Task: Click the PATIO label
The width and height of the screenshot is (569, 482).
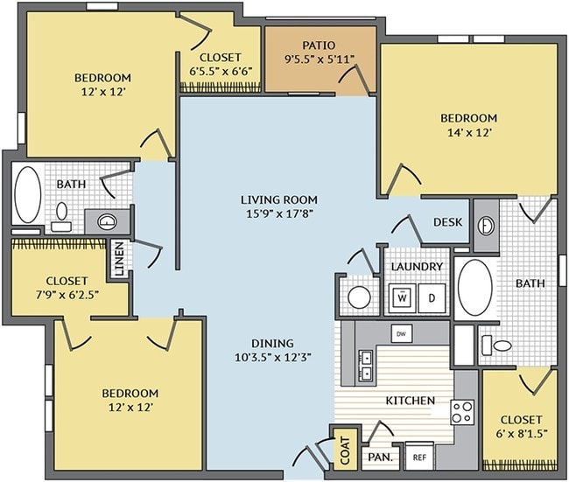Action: (x=319, y=45)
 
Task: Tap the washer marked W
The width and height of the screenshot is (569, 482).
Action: (x=402, y=298)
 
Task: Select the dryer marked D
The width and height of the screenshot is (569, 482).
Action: (x=432, y=298)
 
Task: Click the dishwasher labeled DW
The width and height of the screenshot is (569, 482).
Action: (x=401, y=334)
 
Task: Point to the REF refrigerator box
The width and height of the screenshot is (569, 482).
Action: (x=419, y=457)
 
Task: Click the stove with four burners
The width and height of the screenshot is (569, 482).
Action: (x=463, y=412)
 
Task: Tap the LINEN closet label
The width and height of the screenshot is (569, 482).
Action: (x=119, y=259)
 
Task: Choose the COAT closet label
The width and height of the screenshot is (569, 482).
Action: (x=345, y=451)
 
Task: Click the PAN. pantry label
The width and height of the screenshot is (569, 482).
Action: (x=380, y=457)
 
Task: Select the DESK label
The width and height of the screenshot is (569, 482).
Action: (x=448, y=222)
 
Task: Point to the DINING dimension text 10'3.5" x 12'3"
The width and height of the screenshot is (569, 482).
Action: (x=273, y=358)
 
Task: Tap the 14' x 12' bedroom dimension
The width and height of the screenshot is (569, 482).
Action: (x=469, y=133)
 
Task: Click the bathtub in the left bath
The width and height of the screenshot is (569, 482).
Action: (x=28, y=194)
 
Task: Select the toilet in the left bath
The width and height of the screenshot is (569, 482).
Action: (x=61, y=217)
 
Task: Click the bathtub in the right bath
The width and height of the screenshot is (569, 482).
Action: (x=475, y=288)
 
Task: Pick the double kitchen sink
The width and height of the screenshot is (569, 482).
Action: (x=365, y=366)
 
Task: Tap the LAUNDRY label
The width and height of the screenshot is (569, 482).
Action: (x=417, y=267)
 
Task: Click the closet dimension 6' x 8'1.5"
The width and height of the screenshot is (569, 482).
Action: (x=520, y=434)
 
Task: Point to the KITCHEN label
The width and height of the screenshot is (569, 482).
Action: (x=410, y=401)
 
